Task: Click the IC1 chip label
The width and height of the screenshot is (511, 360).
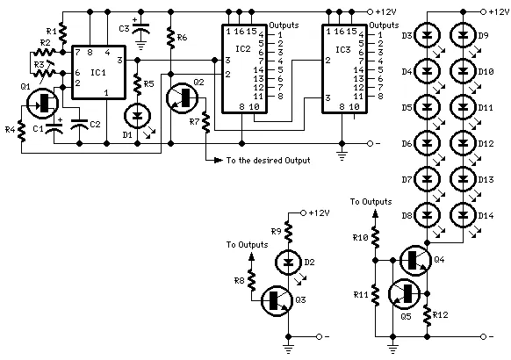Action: [x=98, y=72]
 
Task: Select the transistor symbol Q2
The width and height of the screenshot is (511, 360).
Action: [x=182, y=97]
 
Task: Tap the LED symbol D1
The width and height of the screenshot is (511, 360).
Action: [x=138, y=115]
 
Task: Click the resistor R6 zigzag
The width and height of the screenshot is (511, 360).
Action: [x=170, y=38]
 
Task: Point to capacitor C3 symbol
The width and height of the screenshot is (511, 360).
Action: [x=140, y=28]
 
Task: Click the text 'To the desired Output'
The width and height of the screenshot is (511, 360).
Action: [x=268, y=161]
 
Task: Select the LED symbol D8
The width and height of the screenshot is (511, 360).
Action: [x=427, y=215]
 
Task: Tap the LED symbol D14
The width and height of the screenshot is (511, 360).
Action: [x=463, y=215]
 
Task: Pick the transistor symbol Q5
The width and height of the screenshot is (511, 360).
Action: [x=404, y=293]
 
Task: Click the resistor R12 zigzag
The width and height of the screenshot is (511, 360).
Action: [x=428, y=314]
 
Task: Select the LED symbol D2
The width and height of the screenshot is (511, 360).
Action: [x=288, y=262]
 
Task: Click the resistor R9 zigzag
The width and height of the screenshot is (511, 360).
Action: [x=288, y=232]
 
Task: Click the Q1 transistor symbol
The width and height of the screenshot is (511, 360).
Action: [x=42, y=104]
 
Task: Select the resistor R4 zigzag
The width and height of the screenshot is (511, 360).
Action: [x=21, y=130]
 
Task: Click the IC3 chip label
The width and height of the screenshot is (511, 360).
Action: [x=342, y=49]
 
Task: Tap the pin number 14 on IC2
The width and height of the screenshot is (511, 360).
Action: [x=258, y=69]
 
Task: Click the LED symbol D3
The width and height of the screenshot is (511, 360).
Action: [x=427, y=35]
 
